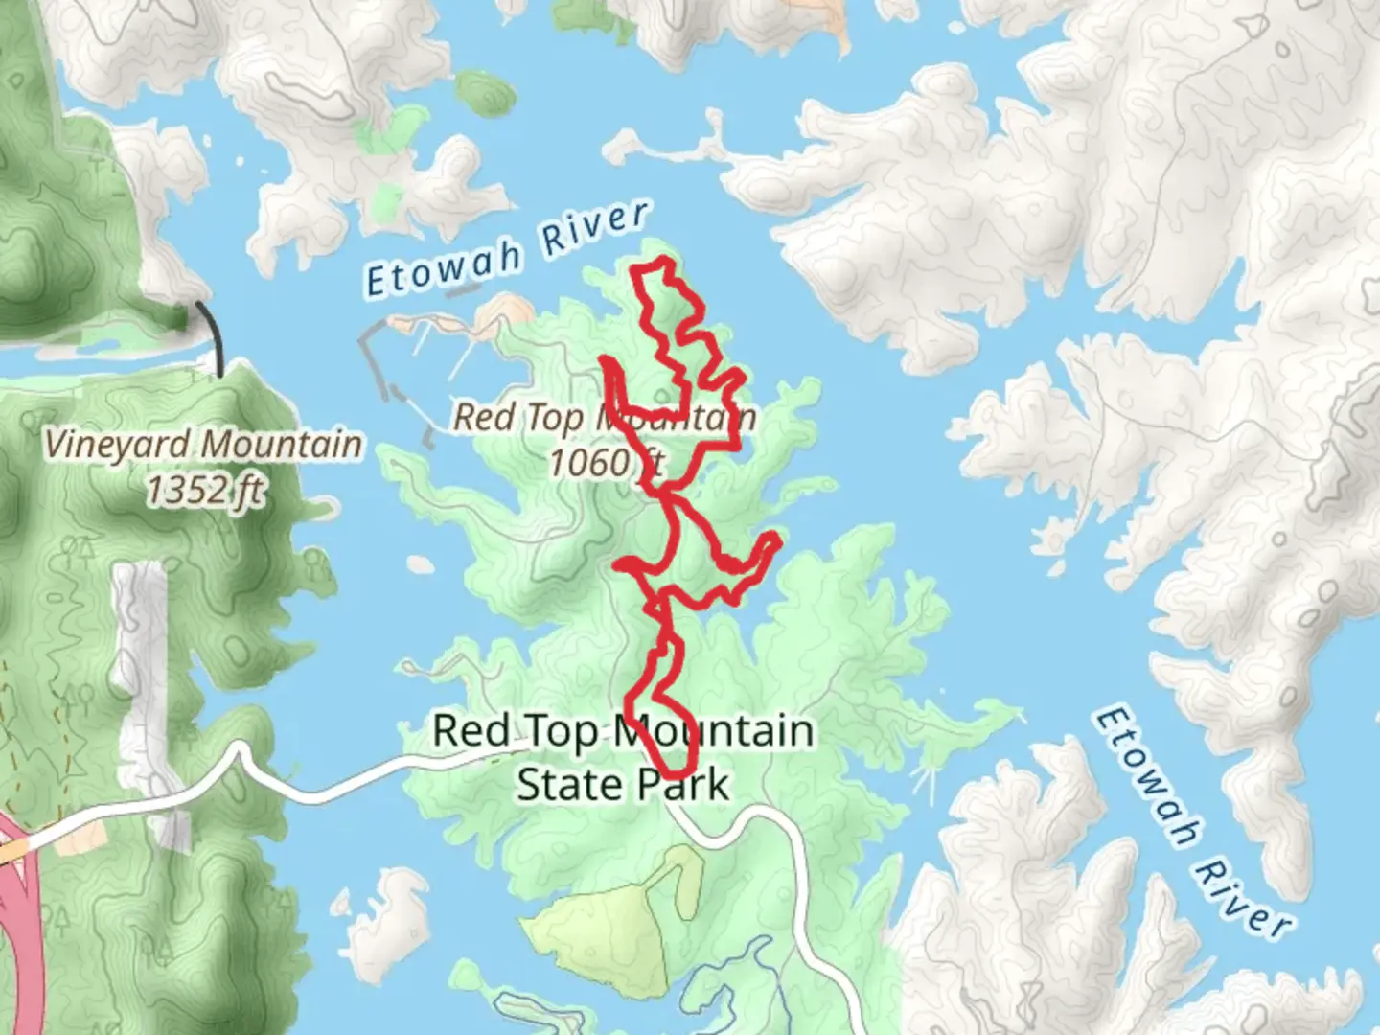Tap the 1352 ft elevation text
pyautogui.click(x=204, y=491)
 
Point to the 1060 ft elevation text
pyautogui.click(x=605, y=462)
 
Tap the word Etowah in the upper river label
pyautogui.click(x=444, y=267)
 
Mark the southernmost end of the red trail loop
pyautogui.click(x=677, y=771)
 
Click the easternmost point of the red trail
pyautogui.click(x=777, y=542)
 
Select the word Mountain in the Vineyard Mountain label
pyautogui.click(x=282, y=445)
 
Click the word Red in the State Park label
pyautogui.click(x=470, y=730)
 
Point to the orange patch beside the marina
pyautogui.click(x=505, y=311)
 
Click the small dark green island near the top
pyautogui.click(x=486, y=93)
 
